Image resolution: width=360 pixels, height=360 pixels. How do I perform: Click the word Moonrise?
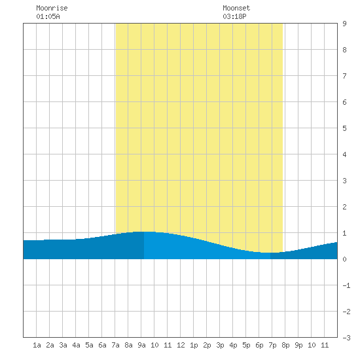pos(52,8)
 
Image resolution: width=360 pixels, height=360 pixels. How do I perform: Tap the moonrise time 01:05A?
pos(48,16)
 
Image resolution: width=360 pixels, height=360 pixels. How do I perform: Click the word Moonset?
pos(236,8)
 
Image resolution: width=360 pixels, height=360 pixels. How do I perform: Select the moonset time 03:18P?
pos(234,16)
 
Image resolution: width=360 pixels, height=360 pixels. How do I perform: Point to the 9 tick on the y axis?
pos(344,24)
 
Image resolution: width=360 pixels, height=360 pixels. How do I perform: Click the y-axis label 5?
pos(344,128)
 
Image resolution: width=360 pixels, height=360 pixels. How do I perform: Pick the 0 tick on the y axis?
pos(344,259)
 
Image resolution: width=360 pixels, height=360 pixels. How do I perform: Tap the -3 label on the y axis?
pos(346,338)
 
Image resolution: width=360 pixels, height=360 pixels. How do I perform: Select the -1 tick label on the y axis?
pos(346,285)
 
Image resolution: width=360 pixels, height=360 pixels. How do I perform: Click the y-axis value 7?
pos(344,76)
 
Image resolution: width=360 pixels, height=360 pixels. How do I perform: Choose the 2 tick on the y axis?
pos(344,207)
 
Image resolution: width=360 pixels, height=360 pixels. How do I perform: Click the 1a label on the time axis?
pos(37,345)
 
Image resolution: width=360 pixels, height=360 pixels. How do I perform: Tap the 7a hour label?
pos(115,345)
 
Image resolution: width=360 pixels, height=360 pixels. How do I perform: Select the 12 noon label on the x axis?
pos(181,345)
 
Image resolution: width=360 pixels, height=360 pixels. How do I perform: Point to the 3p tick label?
pos(220,345)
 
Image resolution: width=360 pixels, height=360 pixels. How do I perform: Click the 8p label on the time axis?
pos(285,345)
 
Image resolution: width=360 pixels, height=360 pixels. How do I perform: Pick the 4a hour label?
pos(76,345)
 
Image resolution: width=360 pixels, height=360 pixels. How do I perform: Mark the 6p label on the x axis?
pos(259,345)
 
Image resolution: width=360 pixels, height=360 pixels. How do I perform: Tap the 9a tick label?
pos(141,345)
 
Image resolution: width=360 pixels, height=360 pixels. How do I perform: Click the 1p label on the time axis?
pos(194,345)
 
